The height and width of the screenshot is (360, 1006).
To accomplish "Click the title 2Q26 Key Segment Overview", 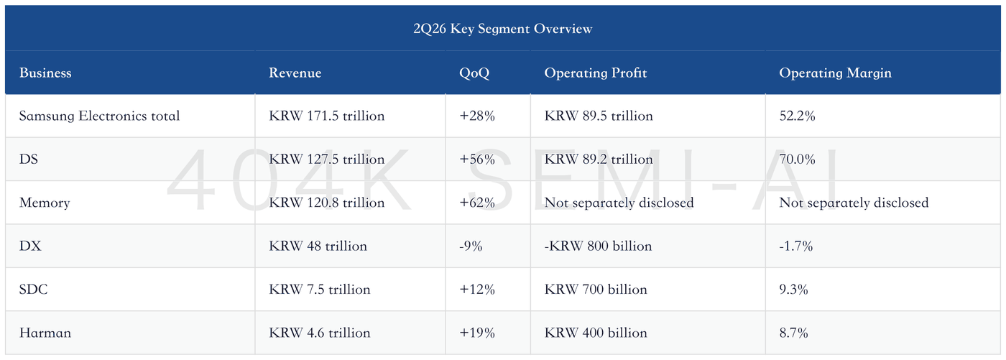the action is tap(502, 29).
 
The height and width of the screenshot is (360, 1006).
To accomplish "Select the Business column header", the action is tap(45, 73).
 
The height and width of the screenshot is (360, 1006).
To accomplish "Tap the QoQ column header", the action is tap(474, 73).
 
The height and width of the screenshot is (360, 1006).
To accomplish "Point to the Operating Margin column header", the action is tap(835, 73).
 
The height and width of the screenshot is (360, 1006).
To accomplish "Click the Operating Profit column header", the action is tap(596, 73).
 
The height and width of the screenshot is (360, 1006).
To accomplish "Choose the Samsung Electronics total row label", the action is tap(99, 116).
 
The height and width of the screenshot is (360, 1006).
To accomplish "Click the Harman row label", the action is tap(45, 333).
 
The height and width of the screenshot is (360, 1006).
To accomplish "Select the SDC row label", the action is tap(33, 289).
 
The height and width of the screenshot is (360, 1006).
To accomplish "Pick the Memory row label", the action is tap(45, 203).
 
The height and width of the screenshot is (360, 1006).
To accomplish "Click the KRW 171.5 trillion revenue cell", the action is tap(326, 116).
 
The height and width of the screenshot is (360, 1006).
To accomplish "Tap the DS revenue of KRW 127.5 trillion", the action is tap(326, 160).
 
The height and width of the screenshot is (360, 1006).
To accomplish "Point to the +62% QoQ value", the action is tap(477, 203).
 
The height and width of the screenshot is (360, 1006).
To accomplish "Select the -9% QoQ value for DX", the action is tap(471, 246).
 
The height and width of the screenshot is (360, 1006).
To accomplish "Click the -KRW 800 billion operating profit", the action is tap(598, 246).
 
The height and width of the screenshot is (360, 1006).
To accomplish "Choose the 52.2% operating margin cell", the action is tap(797, 116).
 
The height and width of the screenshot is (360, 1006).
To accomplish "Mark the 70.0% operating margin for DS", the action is tap(797, 160).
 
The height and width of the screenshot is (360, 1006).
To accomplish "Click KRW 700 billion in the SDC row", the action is tap(596, 289).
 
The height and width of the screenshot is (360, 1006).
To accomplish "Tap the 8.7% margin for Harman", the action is tap(793, 333).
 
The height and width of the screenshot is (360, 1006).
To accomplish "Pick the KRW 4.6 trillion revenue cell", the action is tap(319, 333).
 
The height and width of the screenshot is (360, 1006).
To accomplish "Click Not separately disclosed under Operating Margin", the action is tap(854, 203).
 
